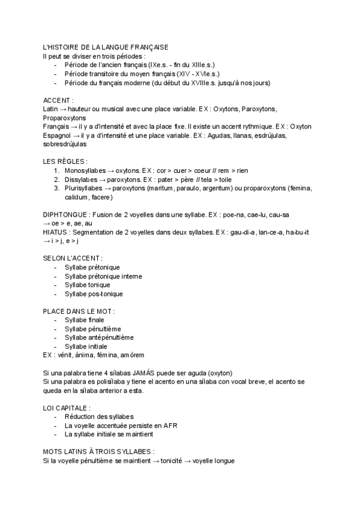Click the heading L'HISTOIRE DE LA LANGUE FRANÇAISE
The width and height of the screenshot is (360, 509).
click(x=106, y=47)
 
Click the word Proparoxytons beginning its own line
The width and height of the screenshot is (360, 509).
click(x=64, y=118)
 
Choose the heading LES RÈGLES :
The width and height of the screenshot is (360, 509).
click(x=65, y=161)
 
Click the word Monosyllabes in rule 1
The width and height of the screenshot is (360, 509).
click(x=85, y=170)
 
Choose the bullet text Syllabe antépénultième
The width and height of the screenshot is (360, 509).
click(x=98, y=337)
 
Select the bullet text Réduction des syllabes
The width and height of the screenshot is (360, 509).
click(x=98, y=416)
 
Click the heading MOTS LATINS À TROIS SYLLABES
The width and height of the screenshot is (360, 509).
click(x=98, y=451)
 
